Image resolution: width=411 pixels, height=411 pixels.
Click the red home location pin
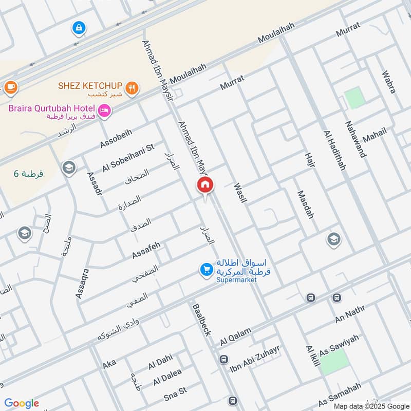pyautogui.click(x=206, y=185)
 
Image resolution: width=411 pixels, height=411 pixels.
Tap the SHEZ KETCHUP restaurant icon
pyautogui.click(x=133, y=88)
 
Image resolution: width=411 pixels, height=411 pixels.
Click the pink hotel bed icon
pyautogui.click(x=105, y=110)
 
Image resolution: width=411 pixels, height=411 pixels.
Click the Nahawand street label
pyautogui.click(x=356, y=139)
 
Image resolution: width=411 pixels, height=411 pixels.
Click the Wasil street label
pyautogui.click(x=240, y=193)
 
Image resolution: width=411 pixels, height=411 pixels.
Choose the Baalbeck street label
pyautogui.click(x=201, y=319)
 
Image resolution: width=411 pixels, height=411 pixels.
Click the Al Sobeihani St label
pyautogui.click(x=128, y=157)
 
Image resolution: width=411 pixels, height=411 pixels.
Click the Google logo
pyautogui.click(x=22, y=403)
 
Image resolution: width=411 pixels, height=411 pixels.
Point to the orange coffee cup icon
pyautogui.click(x=10, y=87)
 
